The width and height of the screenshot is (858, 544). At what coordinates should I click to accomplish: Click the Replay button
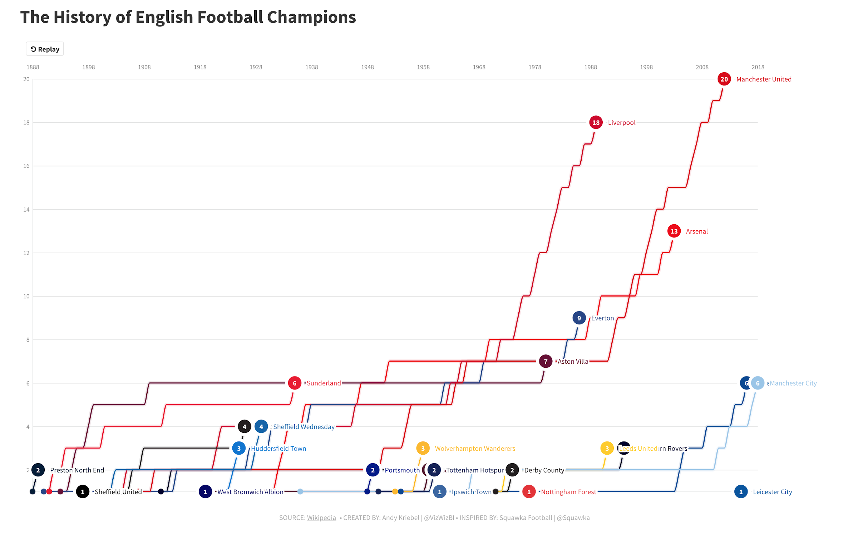[x=45, y=49]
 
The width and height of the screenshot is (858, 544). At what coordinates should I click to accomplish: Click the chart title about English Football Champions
[x=188, y=17]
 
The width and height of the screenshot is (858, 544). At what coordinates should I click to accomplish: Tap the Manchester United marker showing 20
[x=724, y=79]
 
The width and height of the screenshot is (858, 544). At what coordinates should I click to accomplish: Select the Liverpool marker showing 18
[x=596, y=123]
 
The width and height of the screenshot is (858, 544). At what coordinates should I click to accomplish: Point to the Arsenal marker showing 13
[x=674, y=231]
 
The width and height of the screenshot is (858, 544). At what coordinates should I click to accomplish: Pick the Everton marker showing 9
[x=579, y=318]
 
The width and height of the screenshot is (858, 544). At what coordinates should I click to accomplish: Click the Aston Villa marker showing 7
[x=546, y=361]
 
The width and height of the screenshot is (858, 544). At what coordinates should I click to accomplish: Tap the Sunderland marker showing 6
[x=295, y=383]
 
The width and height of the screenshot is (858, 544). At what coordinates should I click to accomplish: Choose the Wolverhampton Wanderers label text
[x=475, y=449]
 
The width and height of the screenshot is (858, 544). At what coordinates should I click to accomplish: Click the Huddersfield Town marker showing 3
[x=239, y=449]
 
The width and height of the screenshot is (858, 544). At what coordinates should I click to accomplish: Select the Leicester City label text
[x=772, y=492]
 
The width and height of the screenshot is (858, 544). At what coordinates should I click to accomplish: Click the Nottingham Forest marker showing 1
[x=529, y=492]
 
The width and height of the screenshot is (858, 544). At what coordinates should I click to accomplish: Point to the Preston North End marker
[x=38, y=470]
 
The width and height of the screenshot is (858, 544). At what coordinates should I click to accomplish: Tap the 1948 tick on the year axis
[x=367, y=67]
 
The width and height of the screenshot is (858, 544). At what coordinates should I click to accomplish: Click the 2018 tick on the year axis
[x=758, y=67]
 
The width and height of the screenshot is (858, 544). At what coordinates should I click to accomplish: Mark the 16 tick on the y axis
[x=26, y=166]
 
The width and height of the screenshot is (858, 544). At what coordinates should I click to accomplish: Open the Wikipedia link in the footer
[x=321, y=518]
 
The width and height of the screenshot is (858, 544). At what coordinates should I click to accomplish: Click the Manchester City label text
[x=793, y=383]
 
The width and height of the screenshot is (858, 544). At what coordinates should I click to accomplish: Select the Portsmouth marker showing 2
[x=373, y=470]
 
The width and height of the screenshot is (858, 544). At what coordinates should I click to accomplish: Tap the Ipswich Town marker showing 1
[x=440, y=492]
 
